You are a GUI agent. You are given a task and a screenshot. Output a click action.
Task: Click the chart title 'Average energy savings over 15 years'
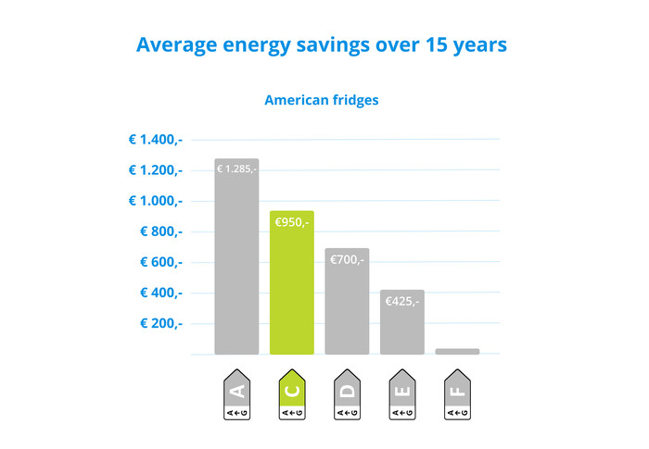321,44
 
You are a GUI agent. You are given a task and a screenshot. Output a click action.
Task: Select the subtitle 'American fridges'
321,100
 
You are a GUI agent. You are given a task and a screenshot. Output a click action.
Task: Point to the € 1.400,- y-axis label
155,140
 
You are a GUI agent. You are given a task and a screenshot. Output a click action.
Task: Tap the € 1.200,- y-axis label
155,170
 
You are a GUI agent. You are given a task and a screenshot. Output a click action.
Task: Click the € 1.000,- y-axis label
155,201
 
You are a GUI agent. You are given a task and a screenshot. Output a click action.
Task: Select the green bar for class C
291,287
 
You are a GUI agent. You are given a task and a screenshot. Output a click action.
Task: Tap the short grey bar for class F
457,351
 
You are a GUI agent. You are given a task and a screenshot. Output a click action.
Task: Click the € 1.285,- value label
236,169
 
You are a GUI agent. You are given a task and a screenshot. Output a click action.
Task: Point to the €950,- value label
291,223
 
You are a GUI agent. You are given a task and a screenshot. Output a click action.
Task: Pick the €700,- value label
347,260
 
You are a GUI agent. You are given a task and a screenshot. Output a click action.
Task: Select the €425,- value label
401,301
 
